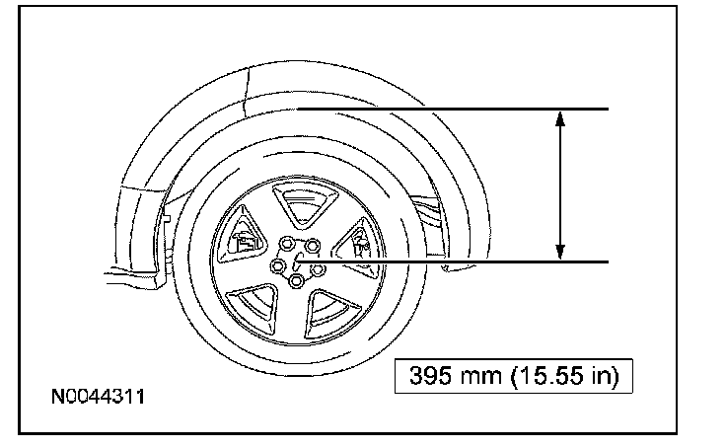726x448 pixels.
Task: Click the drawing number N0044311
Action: (99, 397)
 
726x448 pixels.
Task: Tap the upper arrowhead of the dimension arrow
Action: (560, 118)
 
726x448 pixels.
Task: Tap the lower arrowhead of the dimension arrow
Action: (560, 252)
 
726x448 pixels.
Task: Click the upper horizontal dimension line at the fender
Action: (453, 109)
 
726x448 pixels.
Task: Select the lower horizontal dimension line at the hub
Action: (453, 262)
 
